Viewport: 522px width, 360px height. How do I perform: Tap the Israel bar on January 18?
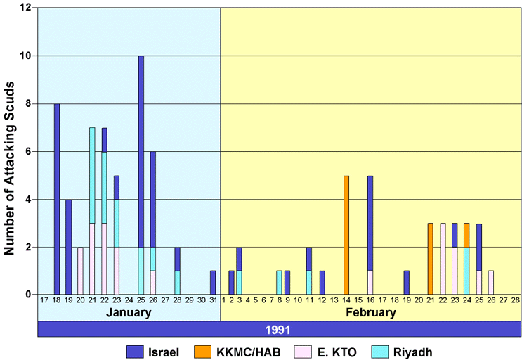click(x=57, y=199)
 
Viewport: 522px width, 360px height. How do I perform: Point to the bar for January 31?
click(x=213, y=283)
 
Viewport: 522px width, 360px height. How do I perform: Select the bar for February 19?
click(x=406, y=283)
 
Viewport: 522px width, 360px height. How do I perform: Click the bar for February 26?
click(x=491, y=283)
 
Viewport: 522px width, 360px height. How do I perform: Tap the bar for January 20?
click(x=80, y=271)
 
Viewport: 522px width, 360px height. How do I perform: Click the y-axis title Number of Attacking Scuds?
click(x=10, y=151)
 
